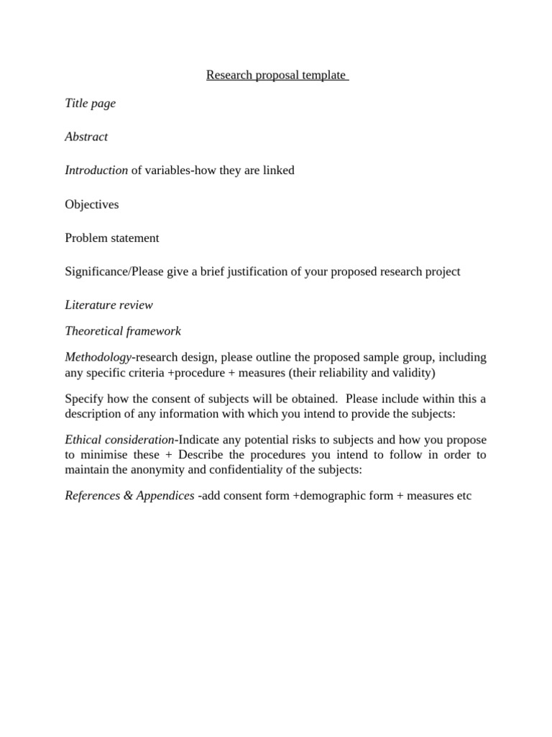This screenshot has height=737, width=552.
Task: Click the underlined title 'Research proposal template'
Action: pyautogui.click(x=276, y=75)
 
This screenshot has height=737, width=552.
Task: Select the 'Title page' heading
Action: pyautogui.click(x=90, y=103)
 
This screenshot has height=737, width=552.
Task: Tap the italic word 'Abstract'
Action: pyautogui.click(x=86, y=137)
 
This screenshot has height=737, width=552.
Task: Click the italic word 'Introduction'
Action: pyautogui.click(x=96, y=171)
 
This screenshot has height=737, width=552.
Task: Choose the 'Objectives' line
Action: pyautogui.click(x=92, y=204)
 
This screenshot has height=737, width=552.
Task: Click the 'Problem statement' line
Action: pyautogui.click(x=112, y=238)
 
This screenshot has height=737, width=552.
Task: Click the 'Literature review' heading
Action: pyautogui.click(x=109, y=305)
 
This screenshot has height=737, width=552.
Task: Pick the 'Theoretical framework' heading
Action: pyautogui.click(x=123, y=331)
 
